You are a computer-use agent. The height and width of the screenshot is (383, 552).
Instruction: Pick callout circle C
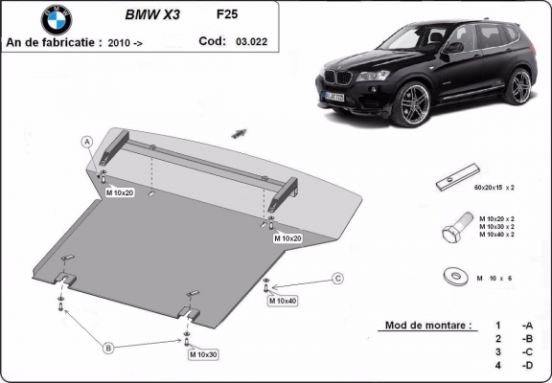(x=337, y=278)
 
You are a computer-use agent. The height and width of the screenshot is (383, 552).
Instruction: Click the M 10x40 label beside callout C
(x=283, y=302)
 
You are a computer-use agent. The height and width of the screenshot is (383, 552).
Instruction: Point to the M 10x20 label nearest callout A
(x=121, y=192)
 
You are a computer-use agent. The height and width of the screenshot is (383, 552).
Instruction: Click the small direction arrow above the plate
(x=239, y=132)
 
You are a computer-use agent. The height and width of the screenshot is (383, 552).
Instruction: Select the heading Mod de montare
(x=427, y=326)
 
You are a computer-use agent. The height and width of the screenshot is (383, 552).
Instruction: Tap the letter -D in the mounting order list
(x=527, y=365)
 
